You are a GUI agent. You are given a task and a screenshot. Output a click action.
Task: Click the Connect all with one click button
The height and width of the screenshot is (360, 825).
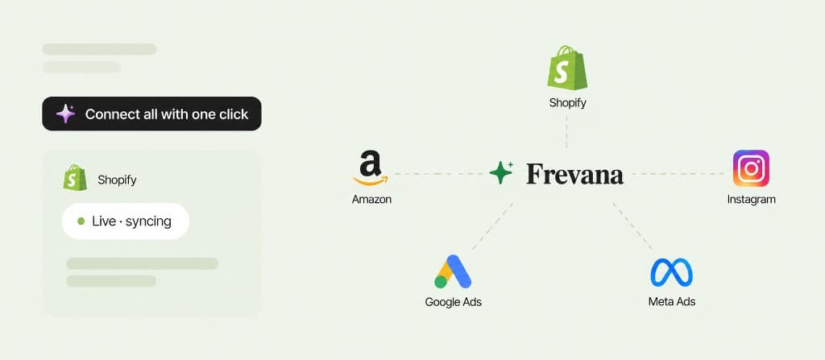(x=151, y=114)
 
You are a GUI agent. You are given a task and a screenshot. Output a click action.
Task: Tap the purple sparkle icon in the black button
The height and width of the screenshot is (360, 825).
(x=66, y=114)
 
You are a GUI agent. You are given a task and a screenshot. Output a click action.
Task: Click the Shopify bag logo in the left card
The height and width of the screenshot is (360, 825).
(x=75, y=178)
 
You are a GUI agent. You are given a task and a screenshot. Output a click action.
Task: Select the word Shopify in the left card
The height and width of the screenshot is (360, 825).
(x=117, y=180)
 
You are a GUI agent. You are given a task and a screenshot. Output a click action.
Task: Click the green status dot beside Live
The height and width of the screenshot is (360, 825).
(x=81, y=221)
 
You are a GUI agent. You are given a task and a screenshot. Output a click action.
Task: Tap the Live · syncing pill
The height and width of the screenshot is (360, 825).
(x=125, y=221)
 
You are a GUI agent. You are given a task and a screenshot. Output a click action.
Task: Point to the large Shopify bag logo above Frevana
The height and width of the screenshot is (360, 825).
(x=567, y=68)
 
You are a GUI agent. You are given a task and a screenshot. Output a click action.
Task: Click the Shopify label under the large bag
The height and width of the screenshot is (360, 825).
(x=568, y=102)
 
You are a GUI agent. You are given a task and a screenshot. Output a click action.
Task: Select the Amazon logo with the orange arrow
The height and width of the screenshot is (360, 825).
(x=371, y=168)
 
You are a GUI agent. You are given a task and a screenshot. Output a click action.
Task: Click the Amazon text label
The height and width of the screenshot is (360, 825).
(x=371, y=200)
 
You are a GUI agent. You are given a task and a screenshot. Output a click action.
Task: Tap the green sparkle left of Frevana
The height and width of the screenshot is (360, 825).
(x=501, y=172)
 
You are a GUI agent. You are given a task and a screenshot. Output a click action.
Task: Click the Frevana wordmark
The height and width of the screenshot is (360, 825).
(x=574, y=174)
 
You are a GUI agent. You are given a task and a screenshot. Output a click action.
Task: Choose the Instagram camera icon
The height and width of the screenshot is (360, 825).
(x=751, y=168)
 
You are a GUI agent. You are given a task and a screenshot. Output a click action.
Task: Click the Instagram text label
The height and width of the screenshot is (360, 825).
(x=752, y=200)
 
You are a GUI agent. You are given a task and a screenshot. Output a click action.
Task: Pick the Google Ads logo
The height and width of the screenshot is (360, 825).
(x=453, y=271)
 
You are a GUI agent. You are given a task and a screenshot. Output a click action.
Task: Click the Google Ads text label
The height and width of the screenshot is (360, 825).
(x=453, y=302)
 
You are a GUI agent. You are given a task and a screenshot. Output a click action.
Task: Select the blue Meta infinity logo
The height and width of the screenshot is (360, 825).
(x=671, y=273)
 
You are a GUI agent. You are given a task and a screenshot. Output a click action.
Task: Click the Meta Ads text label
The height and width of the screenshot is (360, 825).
(x=672, y=301)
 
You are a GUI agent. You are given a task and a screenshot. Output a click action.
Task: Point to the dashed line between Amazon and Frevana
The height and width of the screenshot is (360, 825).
(x=439, y=173)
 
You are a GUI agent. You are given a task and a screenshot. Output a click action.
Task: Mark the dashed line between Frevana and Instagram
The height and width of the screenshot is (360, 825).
(x=678, y=173)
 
